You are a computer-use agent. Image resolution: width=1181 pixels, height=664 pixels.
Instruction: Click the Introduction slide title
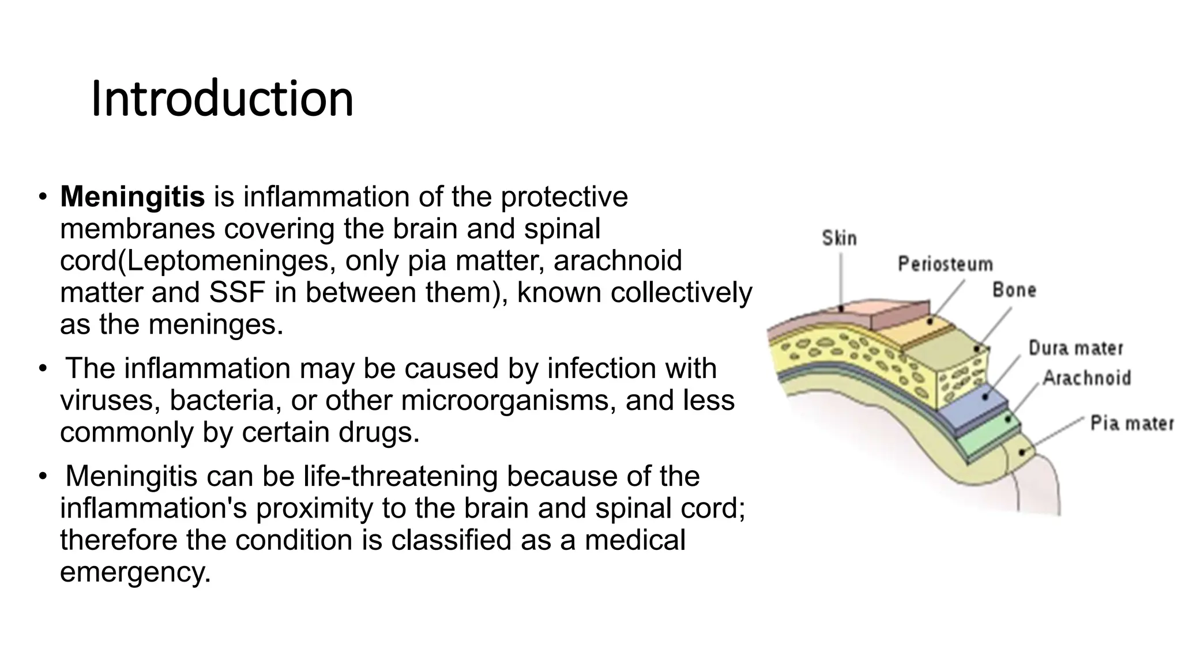pyautogui.click(x=222, y=99)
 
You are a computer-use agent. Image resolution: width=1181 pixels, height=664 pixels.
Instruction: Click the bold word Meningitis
pyautogui.click(x=132, y=197)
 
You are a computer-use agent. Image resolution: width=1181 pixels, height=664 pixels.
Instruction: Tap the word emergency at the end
pyautogui.click(x=135, y=572)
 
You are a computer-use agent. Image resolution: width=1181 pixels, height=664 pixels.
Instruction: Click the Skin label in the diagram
pyautogui.click(x=839, y=238)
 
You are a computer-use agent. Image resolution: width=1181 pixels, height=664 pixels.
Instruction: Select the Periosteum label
pyautogui.click(x=945, y=265)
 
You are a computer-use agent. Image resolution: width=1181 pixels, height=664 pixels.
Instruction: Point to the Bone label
pyautogui.click(x=1014, y=290)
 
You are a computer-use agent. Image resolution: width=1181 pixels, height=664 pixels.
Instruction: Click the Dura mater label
pyautogui.click(x=1076, y=348)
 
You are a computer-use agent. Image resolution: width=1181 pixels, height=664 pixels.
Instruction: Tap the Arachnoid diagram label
pyautogui.click(x=1087, y=378)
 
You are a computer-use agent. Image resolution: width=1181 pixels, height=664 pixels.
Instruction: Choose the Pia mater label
pyautogui.click(x=1131, y=424)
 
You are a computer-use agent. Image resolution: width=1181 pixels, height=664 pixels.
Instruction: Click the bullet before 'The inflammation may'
pyautogui.click(x=42, y=368)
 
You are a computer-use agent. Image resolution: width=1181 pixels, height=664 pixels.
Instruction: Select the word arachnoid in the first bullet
pyautogui.click(x=617, y=261)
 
